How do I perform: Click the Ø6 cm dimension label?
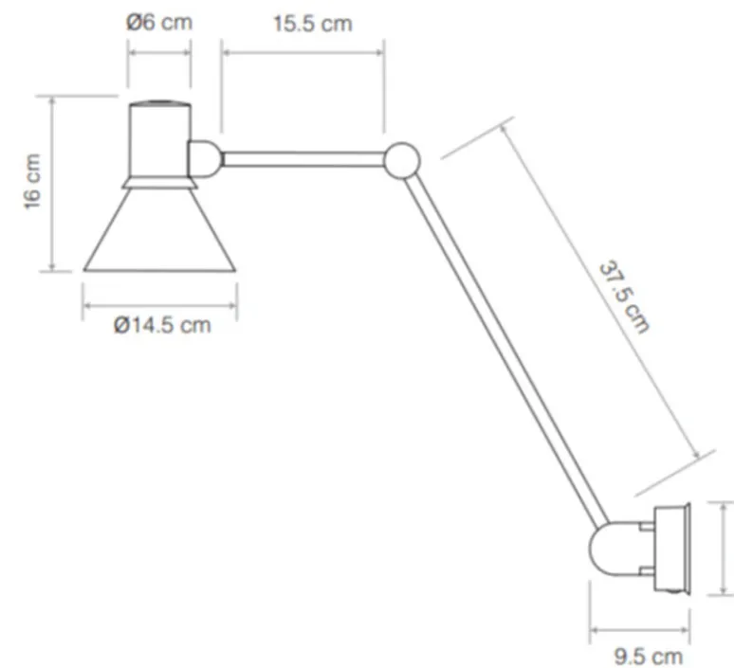(159, 22)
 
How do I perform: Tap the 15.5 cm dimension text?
(312, 23)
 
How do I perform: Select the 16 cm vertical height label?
(32, 181)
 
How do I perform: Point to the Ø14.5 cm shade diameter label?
(161, 326)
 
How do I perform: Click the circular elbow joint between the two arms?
(402, 159)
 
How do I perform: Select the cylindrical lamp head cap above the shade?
(159, 137)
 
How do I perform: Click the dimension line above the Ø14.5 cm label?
(159, 305)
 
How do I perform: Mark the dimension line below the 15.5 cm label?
(303, 52)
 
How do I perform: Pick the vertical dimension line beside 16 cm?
(52, 182)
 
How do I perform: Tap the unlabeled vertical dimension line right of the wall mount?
(723, 550)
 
